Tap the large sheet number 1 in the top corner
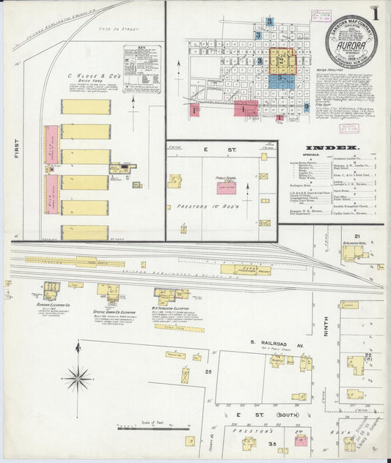[375, 14]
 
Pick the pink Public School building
[225, 188]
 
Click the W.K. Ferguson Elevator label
[171, 308]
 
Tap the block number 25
[209, 372]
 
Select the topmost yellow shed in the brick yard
[86, 107]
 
